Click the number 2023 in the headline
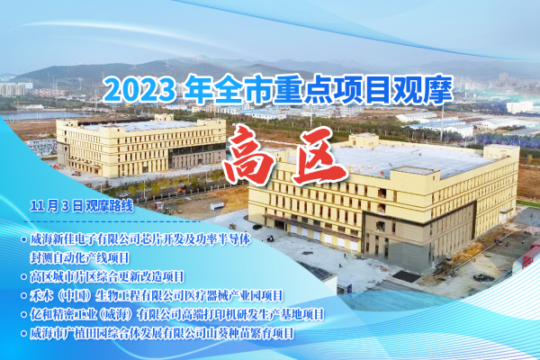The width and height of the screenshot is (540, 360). (139, 91)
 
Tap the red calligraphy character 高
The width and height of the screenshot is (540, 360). (249, 155)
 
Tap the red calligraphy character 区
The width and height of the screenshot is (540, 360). (319, 154)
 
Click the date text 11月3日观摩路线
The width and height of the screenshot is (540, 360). (82, 206)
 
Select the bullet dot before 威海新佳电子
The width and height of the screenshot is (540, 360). (23, 239)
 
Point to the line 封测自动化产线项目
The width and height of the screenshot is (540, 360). (79, 257)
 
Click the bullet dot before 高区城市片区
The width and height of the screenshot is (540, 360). (23, 276)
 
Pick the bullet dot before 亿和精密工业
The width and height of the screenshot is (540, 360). (23, 314)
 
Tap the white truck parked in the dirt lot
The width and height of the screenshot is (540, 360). (217, 206)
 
